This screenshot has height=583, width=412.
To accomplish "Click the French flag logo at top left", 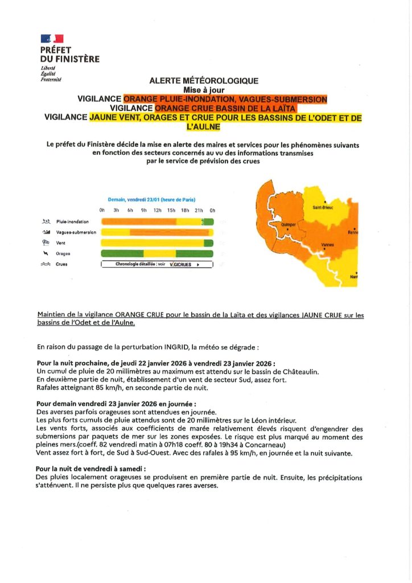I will pyautogui.click(x=52, y=38).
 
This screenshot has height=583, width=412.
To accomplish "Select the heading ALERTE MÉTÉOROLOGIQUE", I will pyautogui.click(x=204, y=81).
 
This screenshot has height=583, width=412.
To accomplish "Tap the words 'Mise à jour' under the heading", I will pyautogui.click(x=204, y=89).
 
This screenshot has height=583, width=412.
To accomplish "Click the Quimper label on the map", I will pyautogui.click(x=289, y=225).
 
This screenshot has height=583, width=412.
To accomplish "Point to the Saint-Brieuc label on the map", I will pyautogui.click(x=323, y=207).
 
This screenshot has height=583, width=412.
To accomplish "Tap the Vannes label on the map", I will pyautogui.click(x=327, y=245).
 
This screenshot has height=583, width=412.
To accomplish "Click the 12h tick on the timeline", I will pyautogui.click(x=157, y=210).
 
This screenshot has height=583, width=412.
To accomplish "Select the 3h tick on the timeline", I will pyautogui.click(x=116, y=210).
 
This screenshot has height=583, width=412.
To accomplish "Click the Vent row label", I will pyautogui.click(x=61, y=243).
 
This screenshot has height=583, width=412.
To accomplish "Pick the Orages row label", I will pyautogui.click(x=63, y=253).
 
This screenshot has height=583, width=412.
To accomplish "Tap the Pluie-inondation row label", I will pyautogui.click(x=72, y=221).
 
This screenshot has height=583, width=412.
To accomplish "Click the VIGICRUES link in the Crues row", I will pyautogui.click(x=182, y=265).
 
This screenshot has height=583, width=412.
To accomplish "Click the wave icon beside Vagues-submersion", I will pyautogui.click(x=47, y=232).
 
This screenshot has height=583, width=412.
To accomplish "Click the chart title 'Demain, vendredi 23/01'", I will pyautogui.click(x=151, y=200).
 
